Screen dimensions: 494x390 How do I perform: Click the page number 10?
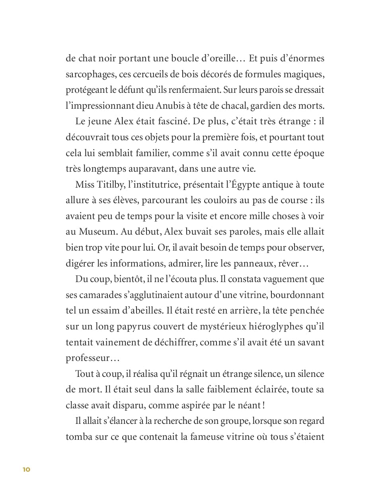26,469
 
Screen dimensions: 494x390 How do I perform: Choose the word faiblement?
236,390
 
